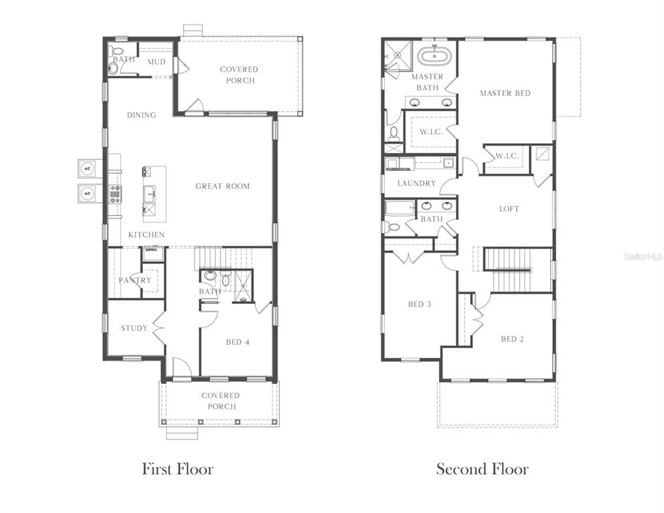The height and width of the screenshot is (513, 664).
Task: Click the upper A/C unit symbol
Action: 88,167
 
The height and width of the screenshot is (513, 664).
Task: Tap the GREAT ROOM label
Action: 222,186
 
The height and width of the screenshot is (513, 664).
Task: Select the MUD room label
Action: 156,62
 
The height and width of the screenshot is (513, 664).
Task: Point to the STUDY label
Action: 134,328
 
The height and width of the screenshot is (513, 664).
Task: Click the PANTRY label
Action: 135,280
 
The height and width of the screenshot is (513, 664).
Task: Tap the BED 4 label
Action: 237,342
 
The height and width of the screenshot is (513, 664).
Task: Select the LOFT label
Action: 509,208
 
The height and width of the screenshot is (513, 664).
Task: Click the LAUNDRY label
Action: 416,183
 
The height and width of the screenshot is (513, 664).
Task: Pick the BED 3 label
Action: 420,304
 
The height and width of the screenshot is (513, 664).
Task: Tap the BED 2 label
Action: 512,339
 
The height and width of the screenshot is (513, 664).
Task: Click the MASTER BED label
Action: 505,93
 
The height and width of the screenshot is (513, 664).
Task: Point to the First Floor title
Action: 177,469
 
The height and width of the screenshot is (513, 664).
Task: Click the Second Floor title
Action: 482,469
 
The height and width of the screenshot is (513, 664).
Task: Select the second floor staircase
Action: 508,269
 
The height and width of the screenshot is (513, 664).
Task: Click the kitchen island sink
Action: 150,194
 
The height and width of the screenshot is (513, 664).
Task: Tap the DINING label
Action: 142,115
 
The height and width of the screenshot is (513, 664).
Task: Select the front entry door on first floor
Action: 182,367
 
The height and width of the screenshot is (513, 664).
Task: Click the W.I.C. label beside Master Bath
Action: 431,132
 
